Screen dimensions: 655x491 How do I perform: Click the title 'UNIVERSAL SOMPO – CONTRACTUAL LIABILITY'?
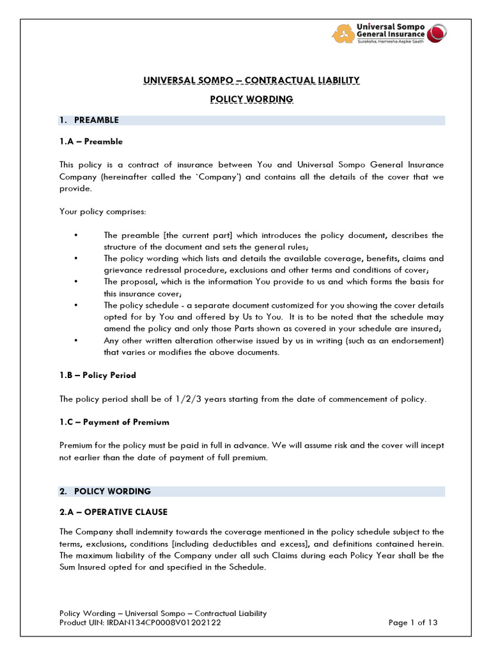point(251,80)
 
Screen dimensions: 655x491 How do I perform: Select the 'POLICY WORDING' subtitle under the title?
point(251,99)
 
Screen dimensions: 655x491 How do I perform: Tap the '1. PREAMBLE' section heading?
point(96,120)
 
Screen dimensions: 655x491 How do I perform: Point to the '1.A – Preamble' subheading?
point(91,141)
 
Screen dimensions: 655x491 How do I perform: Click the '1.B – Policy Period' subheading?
point(97,375)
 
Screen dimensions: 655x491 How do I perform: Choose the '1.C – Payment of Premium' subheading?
point(114,422)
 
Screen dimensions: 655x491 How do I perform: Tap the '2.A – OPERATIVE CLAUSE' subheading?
point(113,512)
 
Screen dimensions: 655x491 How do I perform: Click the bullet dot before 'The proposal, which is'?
point(76,282)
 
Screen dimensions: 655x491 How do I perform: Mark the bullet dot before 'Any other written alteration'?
point(76,341)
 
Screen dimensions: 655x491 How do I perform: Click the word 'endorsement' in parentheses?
point(416,341)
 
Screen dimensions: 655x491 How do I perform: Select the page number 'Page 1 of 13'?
point(414,622)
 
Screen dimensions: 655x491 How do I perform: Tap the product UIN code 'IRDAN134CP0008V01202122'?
point(169,622)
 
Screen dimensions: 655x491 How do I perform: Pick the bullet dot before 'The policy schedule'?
point(76,306)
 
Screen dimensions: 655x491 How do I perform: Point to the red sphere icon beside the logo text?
point(437,33)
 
